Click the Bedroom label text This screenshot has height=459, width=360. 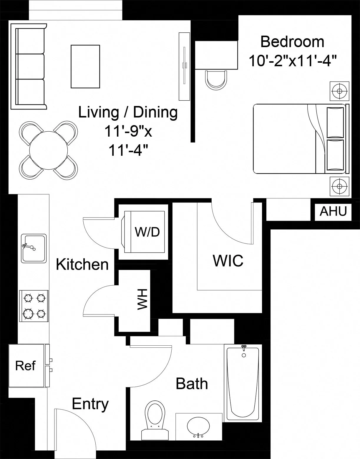(292, 42)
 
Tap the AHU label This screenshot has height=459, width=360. (333, 211)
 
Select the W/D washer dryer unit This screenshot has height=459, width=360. (144, 232)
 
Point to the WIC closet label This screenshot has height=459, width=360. (228, 261)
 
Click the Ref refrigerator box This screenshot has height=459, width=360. (26, 366)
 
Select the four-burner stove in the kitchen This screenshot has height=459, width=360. (34, 306)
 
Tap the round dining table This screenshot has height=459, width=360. (49, 150)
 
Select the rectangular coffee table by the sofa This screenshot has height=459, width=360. (85, 66)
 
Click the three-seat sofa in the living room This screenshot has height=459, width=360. (28, 66)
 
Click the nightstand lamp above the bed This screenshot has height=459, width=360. (339, 91)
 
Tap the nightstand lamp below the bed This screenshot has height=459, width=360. (339, 186)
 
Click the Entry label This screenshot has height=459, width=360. (90, 404)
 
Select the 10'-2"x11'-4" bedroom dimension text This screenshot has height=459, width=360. (292, 61)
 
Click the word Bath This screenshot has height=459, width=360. (192, 384)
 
